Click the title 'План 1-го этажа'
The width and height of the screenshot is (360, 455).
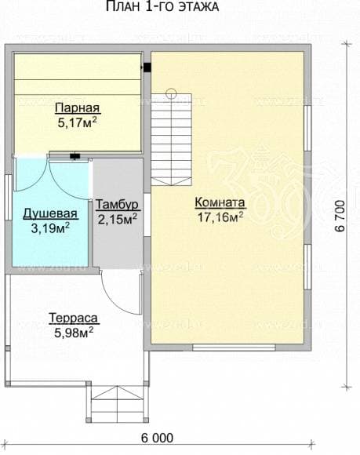[x=162, y=6]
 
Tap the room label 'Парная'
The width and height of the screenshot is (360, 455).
[x=78, y=107]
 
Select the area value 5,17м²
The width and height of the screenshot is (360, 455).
[x=77, y=122]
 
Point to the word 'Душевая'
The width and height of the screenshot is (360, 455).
[x=50, y=214]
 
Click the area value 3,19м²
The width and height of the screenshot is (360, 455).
[x=50, y=228]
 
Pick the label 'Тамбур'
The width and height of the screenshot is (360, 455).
[x=118, y=205]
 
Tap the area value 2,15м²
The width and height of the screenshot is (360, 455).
[x=118, y=219]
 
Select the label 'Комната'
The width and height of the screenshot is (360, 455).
[x=220, y=202]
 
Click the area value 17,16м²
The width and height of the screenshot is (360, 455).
[x=220, y=217]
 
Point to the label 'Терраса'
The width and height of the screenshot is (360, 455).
[x=74, y=318]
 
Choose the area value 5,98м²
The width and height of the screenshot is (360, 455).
[x=74, y=333]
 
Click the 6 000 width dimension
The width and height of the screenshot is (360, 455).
[x=157, y=438]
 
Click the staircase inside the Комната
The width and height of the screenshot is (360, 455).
[x=172, y=140]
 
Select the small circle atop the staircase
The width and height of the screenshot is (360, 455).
[x=171, y=93]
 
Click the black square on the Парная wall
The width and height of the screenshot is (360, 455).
[x=147, y=67]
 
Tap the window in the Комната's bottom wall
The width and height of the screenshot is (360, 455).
[x=234, y=347]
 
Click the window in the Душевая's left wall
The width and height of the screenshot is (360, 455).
[x=9, y=198]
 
